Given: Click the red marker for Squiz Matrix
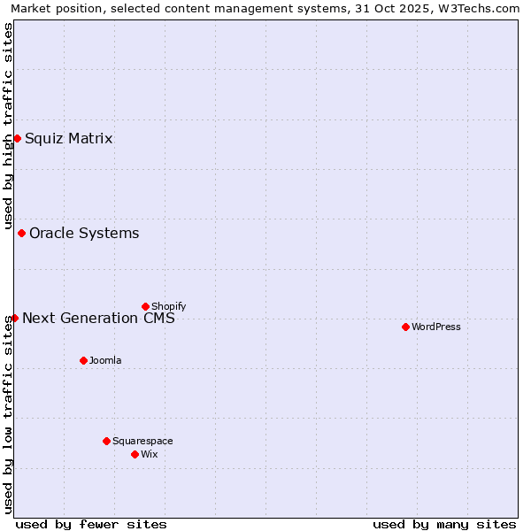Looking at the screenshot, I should click(17, 138).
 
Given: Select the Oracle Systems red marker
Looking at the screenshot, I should click(21, 233).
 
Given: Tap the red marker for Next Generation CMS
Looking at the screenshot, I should click(15, 318).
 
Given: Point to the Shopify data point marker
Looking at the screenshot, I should click(145, 306).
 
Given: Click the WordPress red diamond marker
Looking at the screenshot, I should click(405, 327).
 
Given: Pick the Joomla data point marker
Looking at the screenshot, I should click(83, 360).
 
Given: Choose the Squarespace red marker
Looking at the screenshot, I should click(106, 441).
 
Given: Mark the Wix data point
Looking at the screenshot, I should click(135, 454).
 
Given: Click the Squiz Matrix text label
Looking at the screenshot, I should click(68, 138).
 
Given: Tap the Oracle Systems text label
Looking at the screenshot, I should click(84, 233).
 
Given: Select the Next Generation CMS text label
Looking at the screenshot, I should click(98, 318).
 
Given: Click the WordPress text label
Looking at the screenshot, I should click(435, 327).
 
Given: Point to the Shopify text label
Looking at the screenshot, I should click(168, 306).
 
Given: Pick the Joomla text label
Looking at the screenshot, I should click(105, 360).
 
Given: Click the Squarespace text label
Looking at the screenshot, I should click(142, 441).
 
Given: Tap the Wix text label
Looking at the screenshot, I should click(149, 454).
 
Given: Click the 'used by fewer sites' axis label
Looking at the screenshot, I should click(91, 524).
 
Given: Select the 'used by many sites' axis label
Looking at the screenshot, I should click(444, 524).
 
